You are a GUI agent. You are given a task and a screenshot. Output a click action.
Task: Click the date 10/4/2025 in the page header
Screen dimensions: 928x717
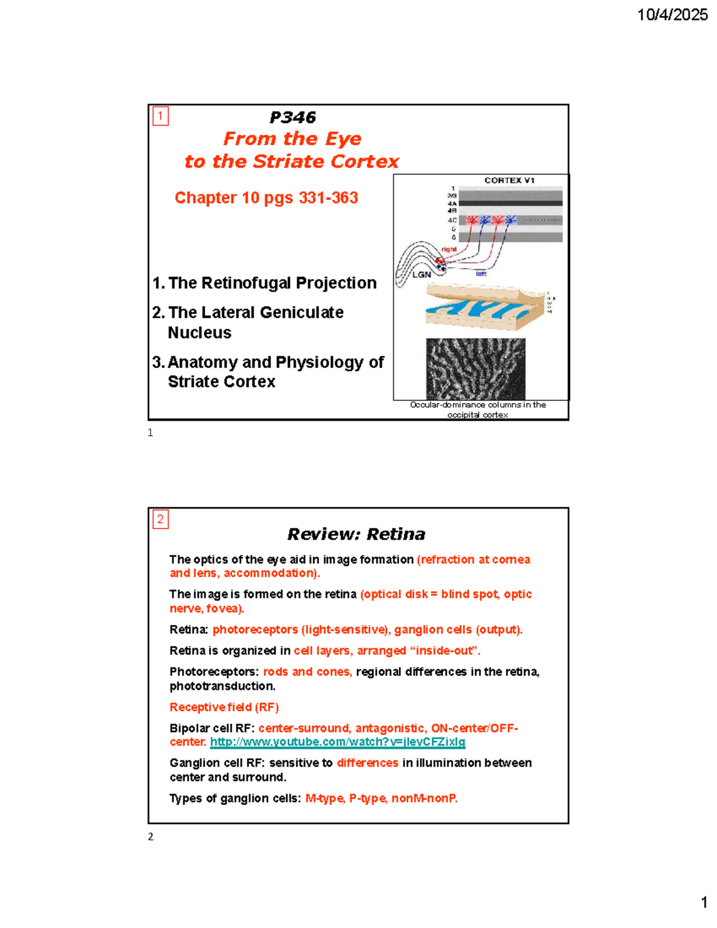(x=672, y=15)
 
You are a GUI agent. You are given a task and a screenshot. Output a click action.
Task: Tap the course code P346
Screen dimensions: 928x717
(x=292, y=117)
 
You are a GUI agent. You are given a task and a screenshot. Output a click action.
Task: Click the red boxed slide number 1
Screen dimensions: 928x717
(x=160, y=115)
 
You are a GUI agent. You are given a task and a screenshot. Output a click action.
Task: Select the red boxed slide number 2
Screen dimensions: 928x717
(x=160, y=519)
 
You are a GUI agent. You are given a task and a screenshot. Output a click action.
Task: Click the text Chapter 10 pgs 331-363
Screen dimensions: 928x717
(x=266, y=198)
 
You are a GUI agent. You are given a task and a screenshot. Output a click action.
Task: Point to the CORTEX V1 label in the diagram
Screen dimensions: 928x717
(x=509, y=180)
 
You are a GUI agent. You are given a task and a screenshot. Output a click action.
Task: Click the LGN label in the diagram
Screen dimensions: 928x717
(x=421, y=274)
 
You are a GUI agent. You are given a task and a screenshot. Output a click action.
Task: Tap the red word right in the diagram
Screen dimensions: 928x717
(x=449, y=249)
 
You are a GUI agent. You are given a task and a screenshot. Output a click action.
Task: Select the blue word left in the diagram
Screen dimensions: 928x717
(x=481, y=274)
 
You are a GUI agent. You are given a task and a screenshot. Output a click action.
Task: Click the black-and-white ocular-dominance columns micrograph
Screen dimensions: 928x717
(x=476, y=368)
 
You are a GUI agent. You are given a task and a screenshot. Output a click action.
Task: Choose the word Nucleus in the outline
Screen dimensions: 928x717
(x=200, y=333)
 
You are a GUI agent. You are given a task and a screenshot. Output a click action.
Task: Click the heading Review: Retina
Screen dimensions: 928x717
(x=356, y=534)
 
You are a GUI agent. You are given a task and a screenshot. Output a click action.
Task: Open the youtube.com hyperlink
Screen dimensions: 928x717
(x=338, y=742)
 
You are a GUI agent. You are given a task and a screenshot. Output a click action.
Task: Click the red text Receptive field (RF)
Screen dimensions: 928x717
(x=224, y=707)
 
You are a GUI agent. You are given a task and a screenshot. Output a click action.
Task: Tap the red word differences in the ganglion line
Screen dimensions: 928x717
(x=367, y=763)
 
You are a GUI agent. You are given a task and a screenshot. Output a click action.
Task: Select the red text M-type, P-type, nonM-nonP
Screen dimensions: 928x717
(x=381, y=798)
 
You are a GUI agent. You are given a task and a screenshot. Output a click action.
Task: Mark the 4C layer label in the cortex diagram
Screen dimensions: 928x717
(x=452, y=220)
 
